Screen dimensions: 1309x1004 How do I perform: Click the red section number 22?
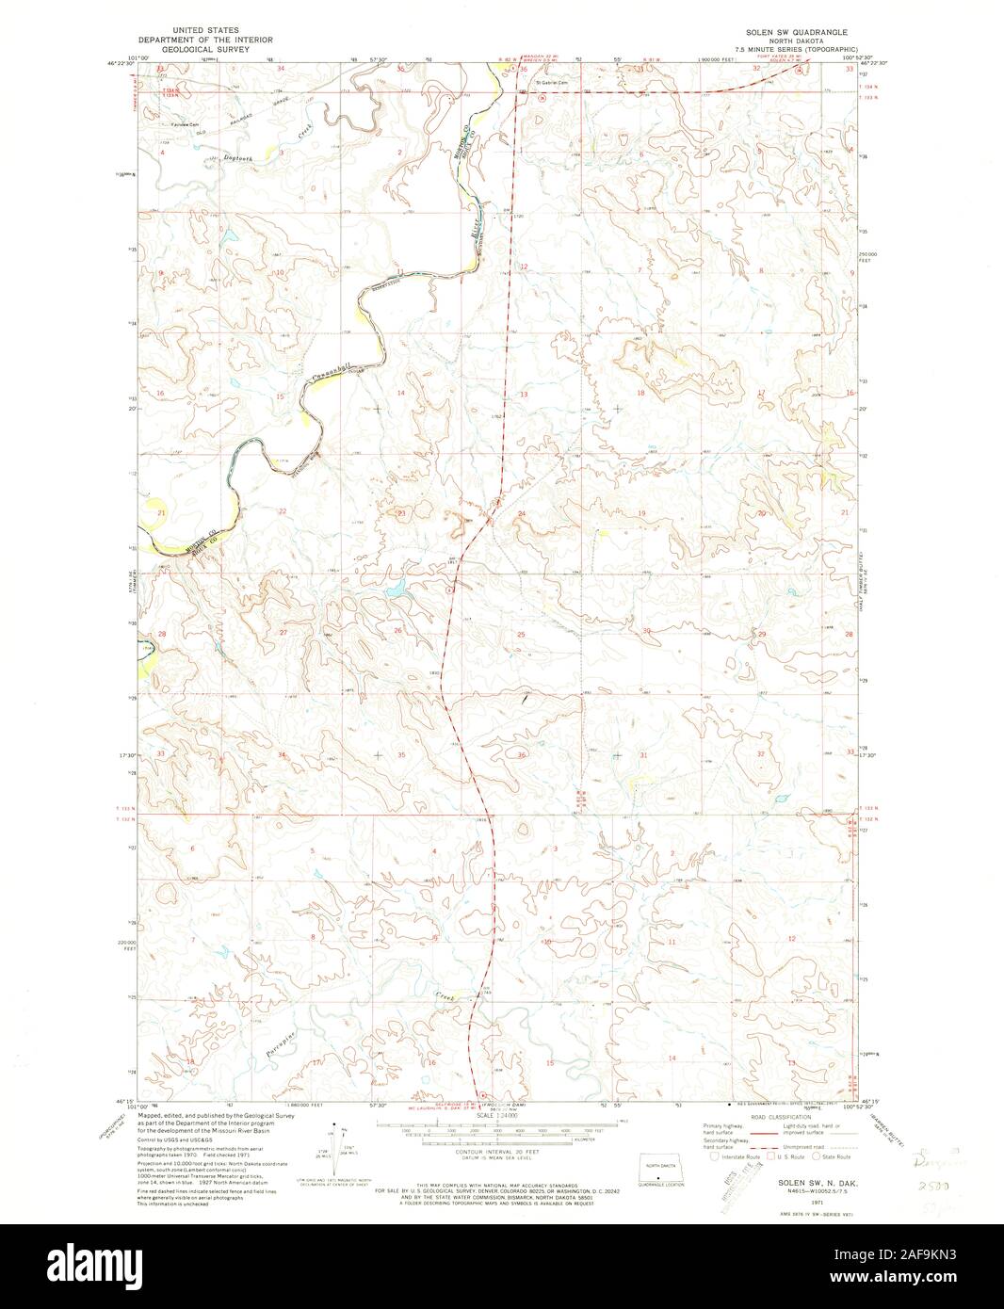283,511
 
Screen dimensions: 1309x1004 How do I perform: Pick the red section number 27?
283,633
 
